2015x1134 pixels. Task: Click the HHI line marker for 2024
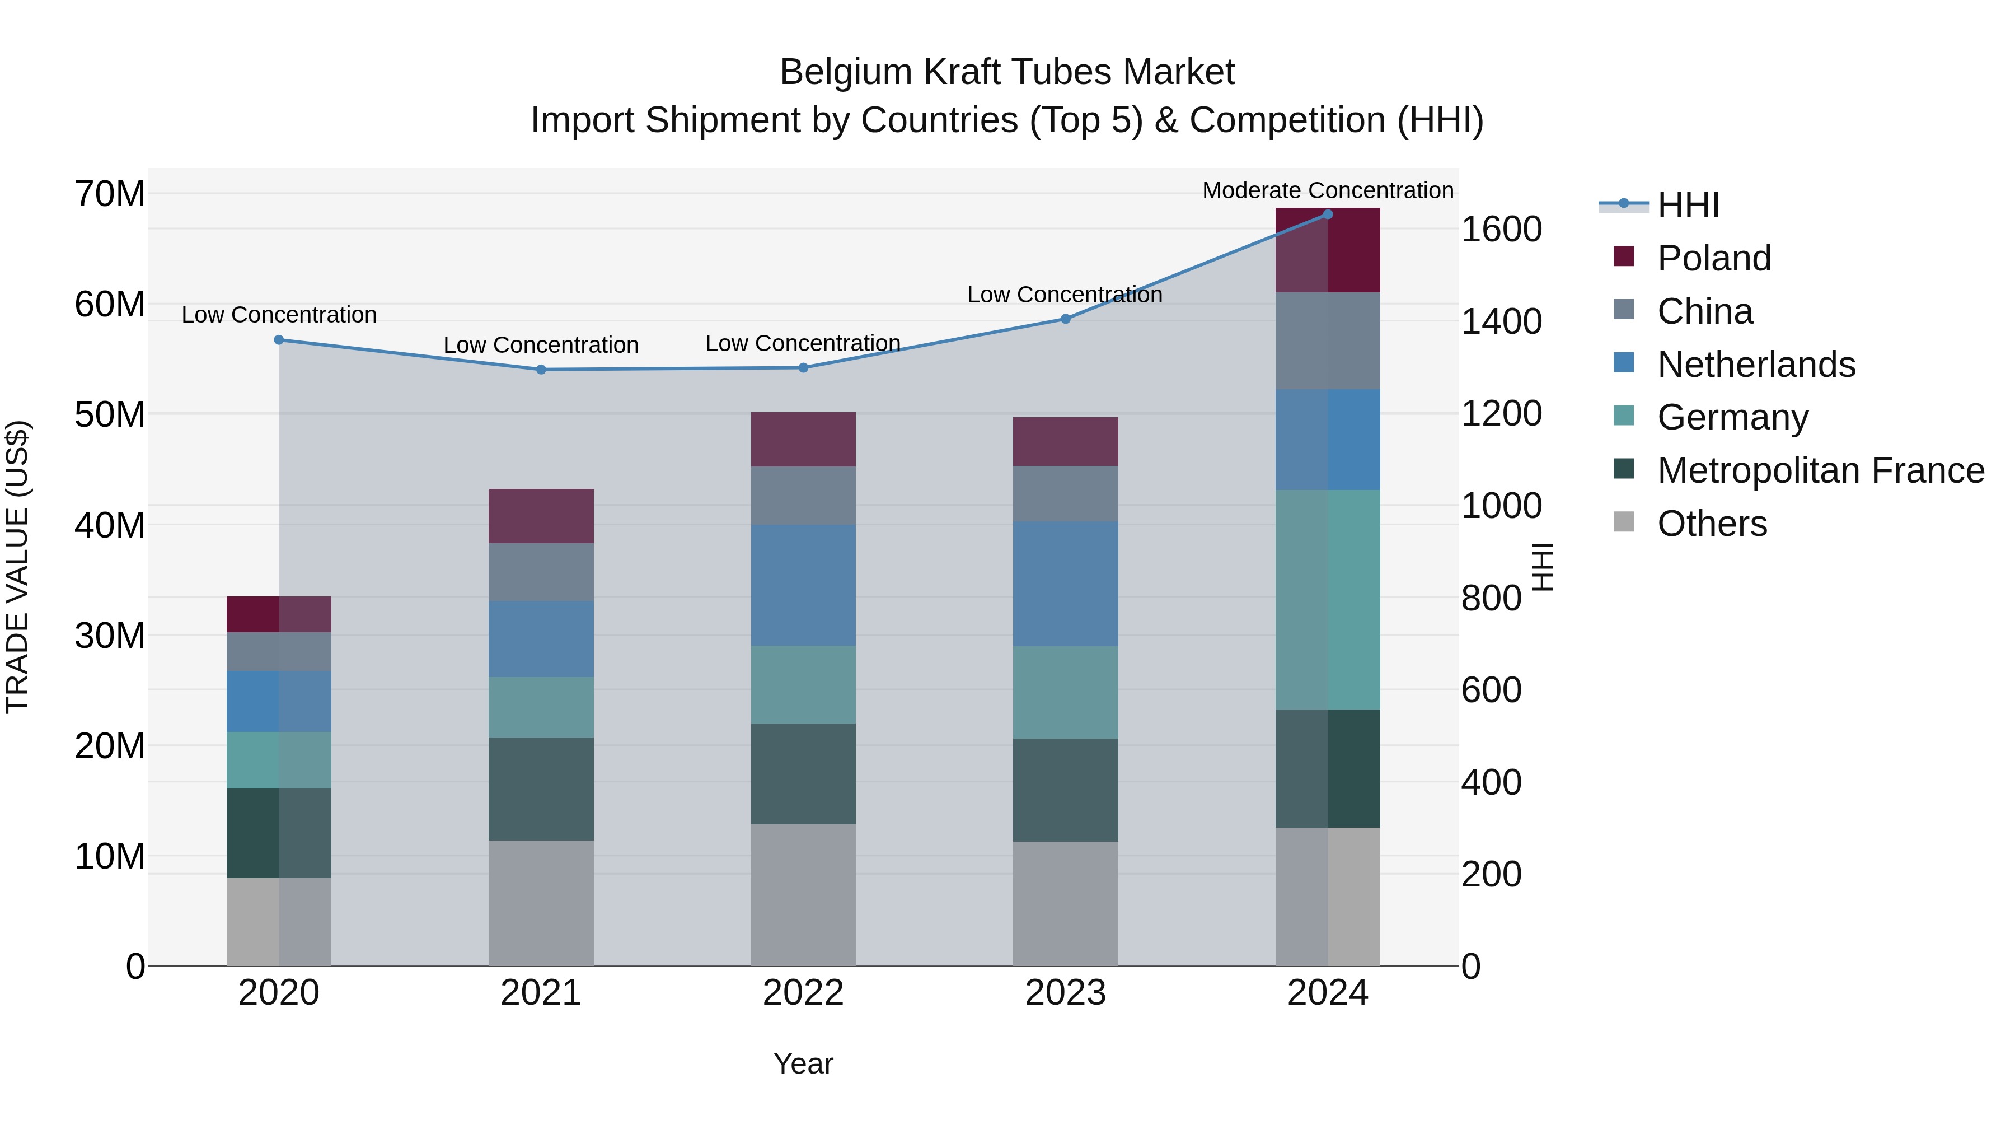(x=1328, y=214)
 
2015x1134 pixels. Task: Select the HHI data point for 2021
(x=541, y=370)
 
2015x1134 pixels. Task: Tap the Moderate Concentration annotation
(x=1328, y=190)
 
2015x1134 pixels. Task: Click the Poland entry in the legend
(x=1713, y=258)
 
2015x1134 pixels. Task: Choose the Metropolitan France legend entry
(x=1820, y=470)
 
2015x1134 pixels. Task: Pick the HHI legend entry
(x=1688, y=205)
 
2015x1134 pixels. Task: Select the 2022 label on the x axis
(x=803, y=993)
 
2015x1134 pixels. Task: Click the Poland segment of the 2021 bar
(x=541, y=516)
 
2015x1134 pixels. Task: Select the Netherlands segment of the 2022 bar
(x=803, y=585)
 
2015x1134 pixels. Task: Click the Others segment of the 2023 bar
(x=1065, y=903)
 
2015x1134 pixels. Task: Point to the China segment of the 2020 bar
(x=279, y=651)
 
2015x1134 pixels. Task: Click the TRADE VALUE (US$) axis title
(x=17, y=567)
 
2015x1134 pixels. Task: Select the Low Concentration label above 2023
(x=1065, y=295)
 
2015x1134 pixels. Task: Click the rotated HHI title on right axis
(x=1543, y=567)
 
